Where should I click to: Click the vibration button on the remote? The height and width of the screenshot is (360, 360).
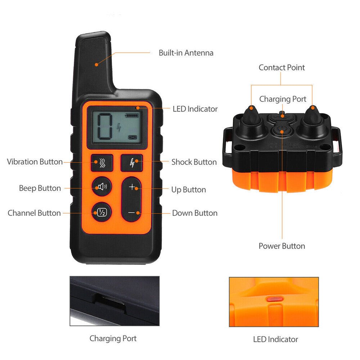[102, 162]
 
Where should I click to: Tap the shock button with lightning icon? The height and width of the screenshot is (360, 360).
[131, 162]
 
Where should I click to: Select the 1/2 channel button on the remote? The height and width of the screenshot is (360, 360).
[102, 212]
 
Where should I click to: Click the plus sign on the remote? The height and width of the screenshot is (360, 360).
[132, 187]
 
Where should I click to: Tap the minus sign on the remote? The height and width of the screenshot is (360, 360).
[132, 212]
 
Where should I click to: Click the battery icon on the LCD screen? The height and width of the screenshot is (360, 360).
[131, 116]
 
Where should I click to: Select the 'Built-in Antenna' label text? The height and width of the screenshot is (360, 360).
[186, 53]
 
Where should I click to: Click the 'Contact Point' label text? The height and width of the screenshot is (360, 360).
[282, 68]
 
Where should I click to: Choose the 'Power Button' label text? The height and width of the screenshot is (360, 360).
[282, 246]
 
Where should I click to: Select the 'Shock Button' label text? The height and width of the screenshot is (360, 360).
[194, 162]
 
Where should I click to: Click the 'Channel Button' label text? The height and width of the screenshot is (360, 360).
[34, 213]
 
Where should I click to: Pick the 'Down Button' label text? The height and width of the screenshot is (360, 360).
[194, 213]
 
